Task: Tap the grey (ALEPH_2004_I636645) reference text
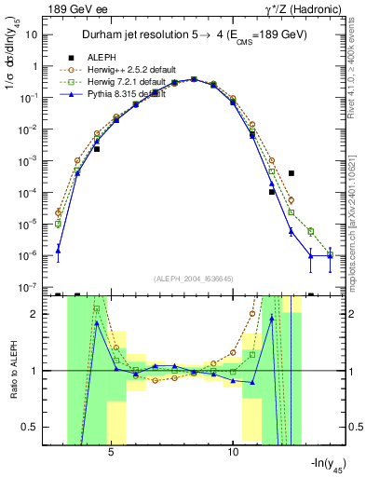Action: (194, 278)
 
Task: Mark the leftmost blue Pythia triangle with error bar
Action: (58, 249)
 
